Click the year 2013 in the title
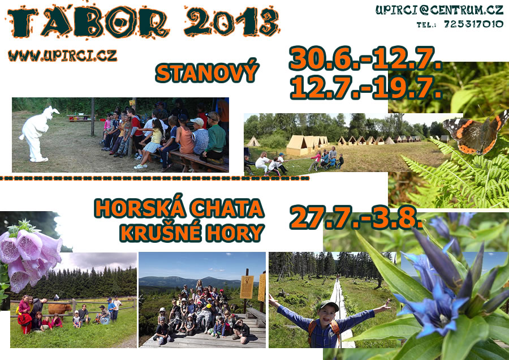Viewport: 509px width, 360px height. click(231, 22)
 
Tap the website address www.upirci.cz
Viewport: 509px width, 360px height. click(62, 55)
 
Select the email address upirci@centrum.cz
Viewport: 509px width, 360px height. click(439, 10)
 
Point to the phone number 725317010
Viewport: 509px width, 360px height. click(473, 24)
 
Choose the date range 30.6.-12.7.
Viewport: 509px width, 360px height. click(365, 59)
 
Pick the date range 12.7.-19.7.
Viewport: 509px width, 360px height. click(365, 87)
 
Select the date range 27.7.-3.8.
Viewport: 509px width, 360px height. click(356, 217)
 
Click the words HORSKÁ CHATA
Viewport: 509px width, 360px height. click(179, 208)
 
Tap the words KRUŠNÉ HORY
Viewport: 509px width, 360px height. click(192, 232)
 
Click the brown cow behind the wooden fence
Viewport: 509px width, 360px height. click(59, 308)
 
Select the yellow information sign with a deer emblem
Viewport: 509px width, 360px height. click(247, 287)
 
